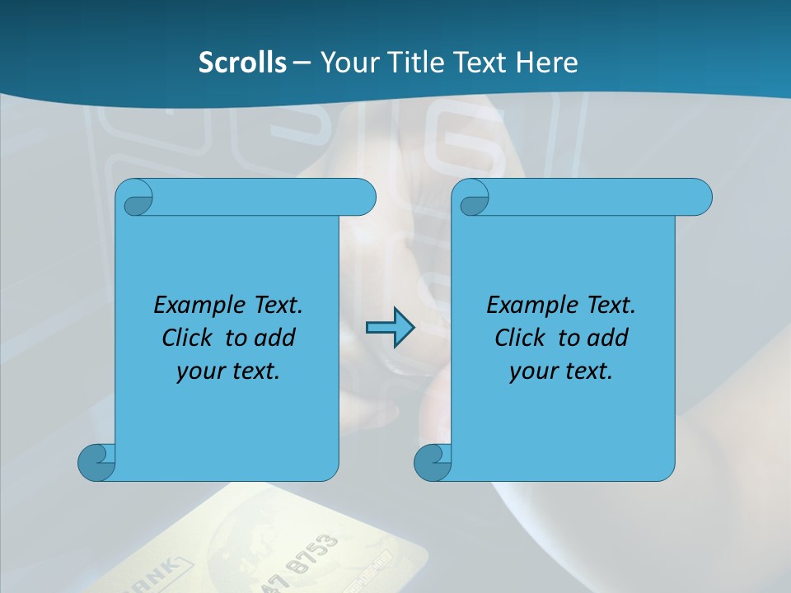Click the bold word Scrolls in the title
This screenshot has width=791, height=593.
242,63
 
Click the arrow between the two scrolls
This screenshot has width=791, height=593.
390,329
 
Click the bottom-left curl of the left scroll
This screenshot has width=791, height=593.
96,462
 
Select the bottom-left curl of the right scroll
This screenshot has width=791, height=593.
432,462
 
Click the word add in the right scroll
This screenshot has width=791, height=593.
608,338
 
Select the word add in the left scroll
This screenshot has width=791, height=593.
275,338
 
